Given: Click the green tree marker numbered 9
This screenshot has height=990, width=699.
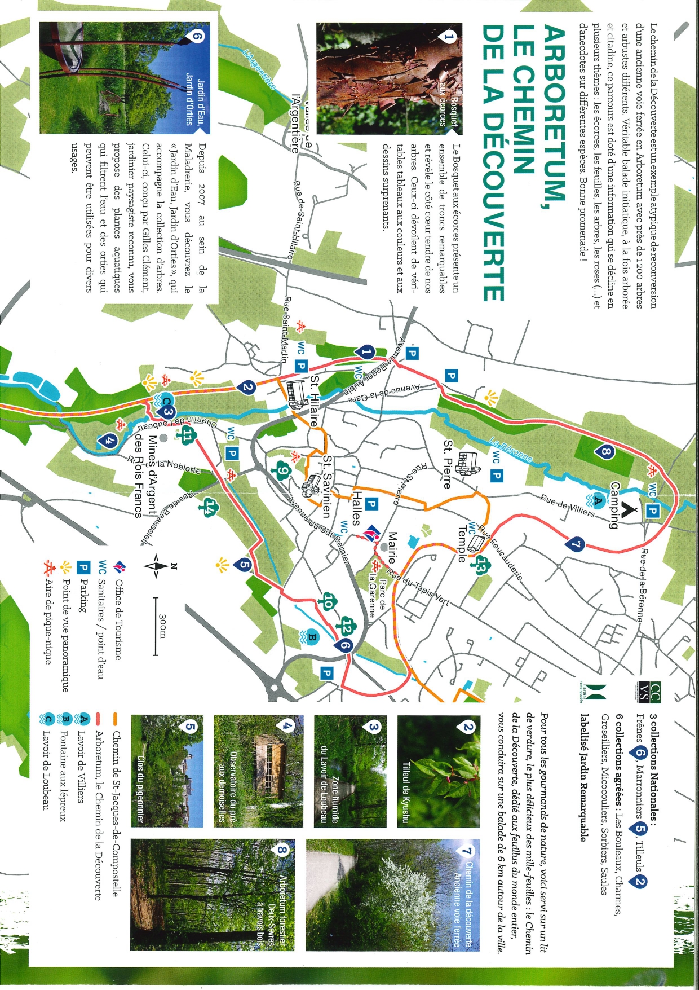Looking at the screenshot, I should click(x=282, y=470).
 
